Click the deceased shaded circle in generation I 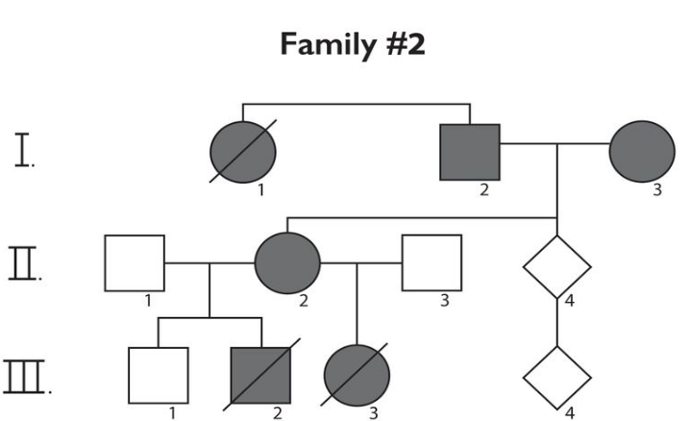click(x=242, y=151)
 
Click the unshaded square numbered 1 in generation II click(x=135, y=261)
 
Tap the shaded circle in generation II click(x=287, y=261)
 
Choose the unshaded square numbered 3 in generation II click(x=431, y=261)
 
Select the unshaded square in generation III click(x=158, y=376)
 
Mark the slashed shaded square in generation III click(x=259, y=375)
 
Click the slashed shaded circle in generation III click(x=357, y=375)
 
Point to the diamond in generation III click(x=556, y=375)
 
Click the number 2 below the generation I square click(x=484, y=189)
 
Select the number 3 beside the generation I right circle click(x=657, y=189)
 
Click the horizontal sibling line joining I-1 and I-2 click(x=356, y=103)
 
